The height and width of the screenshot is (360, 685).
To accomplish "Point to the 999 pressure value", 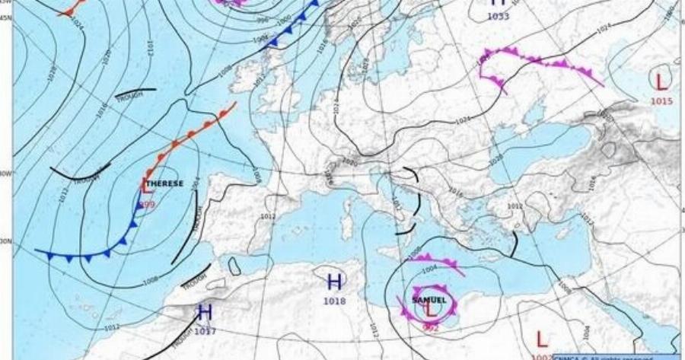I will (x=147, y=205).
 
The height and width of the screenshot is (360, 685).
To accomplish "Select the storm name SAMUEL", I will (x=429, y=299).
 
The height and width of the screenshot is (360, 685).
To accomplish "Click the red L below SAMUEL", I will (x=431, y=310).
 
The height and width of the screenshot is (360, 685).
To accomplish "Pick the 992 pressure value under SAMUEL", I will (x=431, y=327).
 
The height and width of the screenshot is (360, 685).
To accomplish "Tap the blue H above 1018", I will (x=334, y=282).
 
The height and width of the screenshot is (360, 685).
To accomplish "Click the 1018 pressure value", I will (x=334, y=301).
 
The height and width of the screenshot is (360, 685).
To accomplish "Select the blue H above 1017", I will (x=205, y=312).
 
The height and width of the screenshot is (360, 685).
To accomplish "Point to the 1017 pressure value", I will (x=205, y=331).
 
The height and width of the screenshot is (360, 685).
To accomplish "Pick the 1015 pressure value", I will (x=660, y=100).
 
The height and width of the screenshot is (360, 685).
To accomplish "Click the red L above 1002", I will (x=542, y=338).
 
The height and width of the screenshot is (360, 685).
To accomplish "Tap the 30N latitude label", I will (x=6, y=241).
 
